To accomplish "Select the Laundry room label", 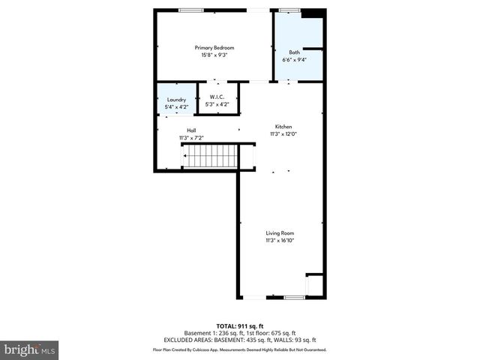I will pyautogui.click(x=176, y=100).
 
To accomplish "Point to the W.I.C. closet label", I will pyautogui.click(x=217, y=97).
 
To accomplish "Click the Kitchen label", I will pyautogui.click(x=283, y=127).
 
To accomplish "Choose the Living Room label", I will pyautogui.click(x=280, y=233).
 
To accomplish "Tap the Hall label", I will pyautogui.click(x=191, y=130).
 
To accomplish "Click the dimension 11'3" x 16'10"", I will pyautogui.click(x=280, y=241).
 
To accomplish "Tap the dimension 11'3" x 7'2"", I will pyautogui.click(x=191, y=138).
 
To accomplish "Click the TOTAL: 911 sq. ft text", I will pyautogui.click(x=240, y=326).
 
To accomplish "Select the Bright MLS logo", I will pyautogui.click(x=30, y=349).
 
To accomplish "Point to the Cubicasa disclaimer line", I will pyautogui.click(x=240, y=349).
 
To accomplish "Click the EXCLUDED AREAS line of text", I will pyautogui.click(x=240, y=341).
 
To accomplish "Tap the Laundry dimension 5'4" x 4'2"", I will pyautogui.click(x=176, y=107).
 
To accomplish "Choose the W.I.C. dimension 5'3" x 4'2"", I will pyautogui.click(x=217, y=104).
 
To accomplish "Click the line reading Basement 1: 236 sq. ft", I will pyautogui.click(x=240, y=333).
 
